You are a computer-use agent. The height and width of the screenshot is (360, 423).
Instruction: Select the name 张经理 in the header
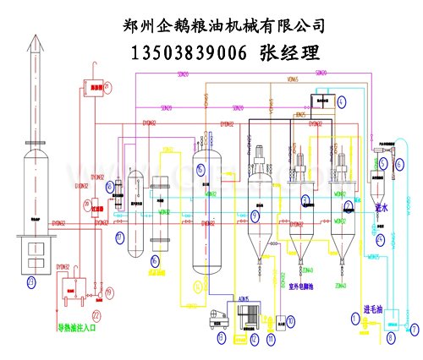pos(289,53)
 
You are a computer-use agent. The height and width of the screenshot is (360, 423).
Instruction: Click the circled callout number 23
pos(31,281)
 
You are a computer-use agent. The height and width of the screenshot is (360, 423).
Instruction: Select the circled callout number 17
pos(119,235)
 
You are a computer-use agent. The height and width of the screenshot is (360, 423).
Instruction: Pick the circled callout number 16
pos(200,170)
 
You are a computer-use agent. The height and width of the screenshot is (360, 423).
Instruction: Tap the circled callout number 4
pos(341,101)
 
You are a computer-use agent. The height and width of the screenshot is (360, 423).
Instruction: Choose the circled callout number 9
pos(255,216)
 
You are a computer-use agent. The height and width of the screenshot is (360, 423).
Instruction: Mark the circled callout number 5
pos(382,163)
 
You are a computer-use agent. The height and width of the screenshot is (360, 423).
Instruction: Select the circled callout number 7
pos(414,326)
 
